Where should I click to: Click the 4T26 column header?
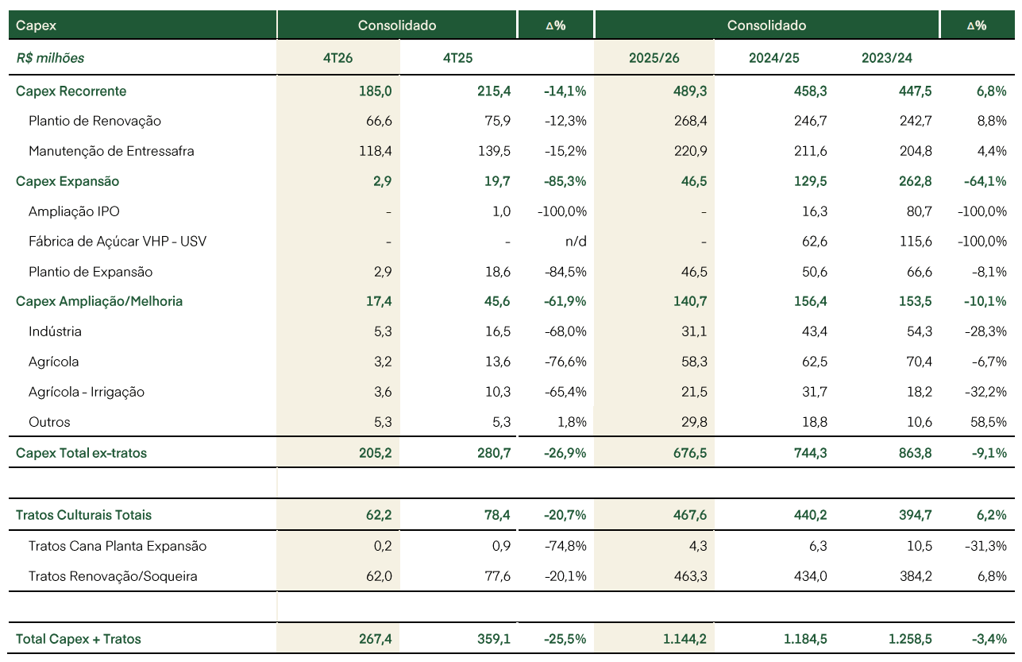click(x=337, y=58)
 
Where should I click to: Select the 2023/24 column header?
click(x=886, y=58)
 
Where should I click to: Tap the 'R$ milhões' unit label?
click(x=50, y=58)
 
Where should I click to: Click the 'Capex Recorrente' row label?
click(x=71, y=91)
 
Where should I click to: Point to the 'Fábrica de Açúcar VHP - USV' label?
click(x=118, y=241)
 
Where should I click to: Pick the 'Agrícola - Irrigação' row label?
click(x=87, y=392)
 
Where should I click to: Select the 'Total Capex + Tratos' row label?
click(x=78, y=639)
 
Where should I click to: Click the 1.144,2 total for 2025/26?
click(x=685, y=639)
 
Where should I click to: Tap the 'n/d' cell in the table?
click(x=576, y=241)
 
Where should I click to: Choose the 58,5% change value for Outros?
click(x=988, y=422)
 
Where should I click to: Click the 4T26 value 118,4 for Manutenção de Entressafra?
click(x=375, y=151)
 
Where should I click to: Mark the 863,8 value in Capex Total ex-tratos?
click(x=916, y=453)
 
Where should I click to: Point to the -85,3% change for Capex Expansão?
click(x=565, y=181)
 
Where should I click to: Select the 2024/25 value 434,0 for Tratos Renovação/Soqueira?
click(x=810, y=576)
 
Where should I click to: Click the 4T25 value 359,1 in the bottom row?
click(x=494, y=639)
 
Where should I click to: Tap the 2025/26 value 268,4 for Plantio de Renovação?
click(x=690, y=121)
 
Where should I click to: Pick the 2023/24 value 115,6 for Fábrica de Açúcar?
click(x=916, y=241)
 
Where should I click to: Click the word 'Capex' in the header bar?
click(x=36, y=25)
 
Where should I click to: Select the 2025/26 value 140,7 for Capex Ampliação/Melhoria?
click(x=690, y=301)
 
